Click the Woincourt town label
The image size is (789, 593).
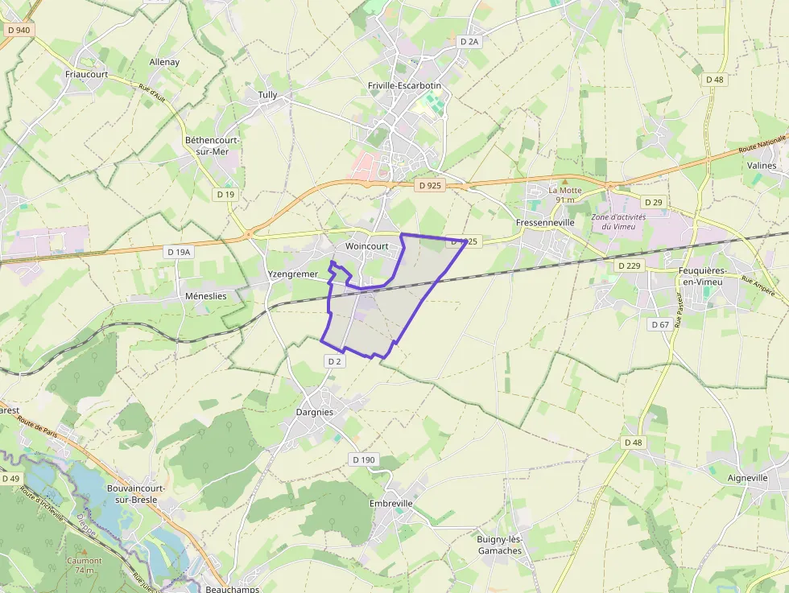(366, 246)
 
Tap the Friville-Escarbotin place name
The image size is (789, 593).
(404, 85)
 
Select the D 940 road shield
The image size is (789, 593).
(17, 30)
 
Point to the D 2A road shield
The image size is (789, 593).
(469, 41)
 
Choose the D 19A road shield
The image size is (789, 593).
(179, 252)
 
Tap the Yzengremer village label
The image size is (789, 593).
(292, 274)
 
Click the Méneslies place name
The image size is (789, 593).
(205, 296)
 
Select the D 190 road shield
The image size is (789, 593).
(363, 459)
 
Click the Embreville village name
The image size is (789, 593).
(390, 504)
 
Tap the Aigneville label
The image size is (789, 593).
(748, 478)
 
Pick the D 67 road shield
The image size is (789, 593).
(659, 324)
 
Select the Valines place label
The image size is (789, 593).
(762, 166)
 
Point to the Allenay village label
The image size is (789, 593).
(164, 62)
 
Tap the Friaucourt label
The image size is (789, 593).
(86, 74)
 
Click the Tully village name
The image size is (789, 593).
(267, 95)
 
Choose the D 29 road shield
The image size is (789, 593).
(653, 202)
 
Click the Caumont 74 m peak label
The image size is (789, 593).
(85, 565)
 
